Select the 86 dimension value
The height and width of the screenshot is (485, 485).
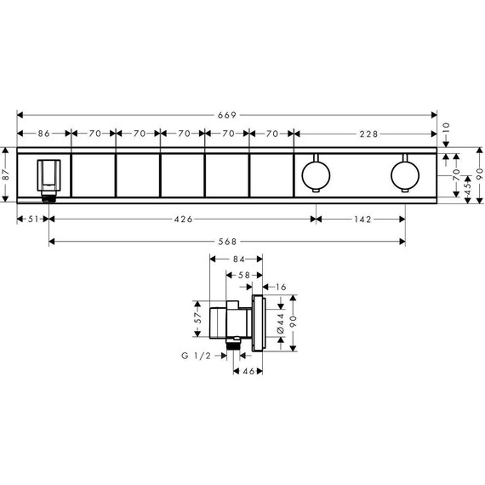click(43, 134)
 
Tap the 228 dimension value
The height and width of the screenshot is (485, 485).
click(368, 134)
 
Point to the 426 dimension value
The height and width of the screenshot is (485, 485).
click(182, 219)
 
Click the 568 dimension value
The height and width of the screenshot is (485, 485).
click(227, 241)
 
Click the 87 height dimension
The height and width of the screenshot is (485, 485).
click(7, 174)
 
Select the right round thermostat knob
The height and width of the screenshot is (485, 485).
click(403, 175)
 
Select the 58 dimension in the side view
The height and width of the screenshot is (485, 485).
click(244, 275)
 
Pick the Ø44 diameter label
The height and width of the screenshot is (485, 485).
click(282, 323)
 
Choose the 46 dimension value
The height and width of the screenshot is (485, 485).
click(248, 372)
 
